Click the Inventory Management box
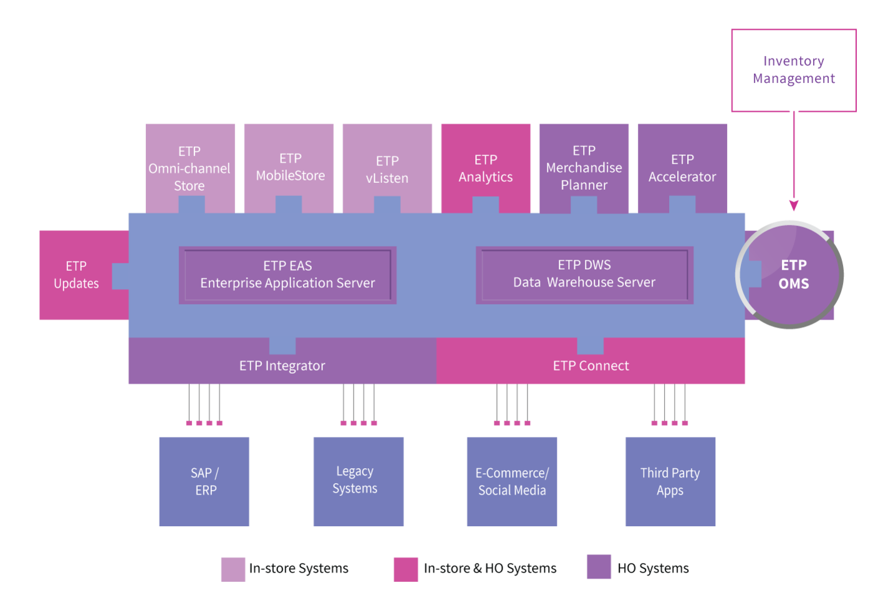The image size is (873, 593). pos(793,70)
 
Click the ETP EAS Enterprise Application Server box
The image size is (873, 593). pos(287,275)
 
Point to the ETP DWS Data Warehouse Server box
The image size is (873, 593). pos(585,275)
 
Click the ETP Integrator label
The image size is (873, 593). pos(282,366)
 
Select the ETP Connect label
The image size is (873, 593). pos(591,366)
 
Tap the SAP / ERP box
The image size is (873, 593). pos(205,481)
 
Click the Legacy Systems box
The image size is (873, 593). pos(359,481)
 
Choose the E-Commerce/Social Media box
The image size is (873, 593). pos(512,481)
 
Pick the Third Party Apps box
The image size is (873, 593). pos(670,481)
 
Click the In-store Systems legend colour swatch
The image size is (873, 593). pos(233,569)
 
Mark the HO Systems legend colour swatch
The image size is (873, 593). pos(599,567)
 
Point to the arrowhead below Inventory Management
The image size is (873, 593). pos(794,205)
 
